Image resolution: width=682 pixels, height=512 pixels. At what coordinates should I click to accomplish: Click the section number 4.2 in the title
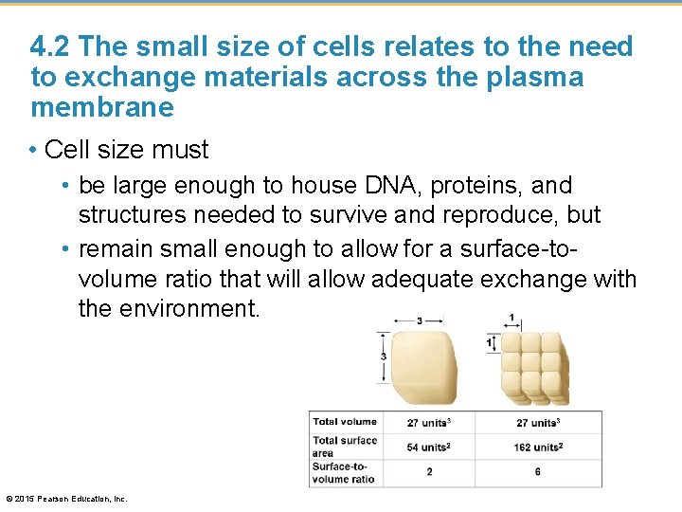point(50,46)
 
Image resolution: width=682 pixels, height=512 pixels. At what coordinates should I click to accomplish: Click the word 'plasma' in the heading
point(533,77)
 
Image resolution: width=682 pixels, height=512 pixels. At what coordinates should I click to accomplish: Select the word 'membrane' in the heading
point(102,107)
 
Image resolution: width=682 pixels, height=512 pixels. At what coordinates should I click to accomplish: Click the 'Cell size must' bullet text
point(127,150)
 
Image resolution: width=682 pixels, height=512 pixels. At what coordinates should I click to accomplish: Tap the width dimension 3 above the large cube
point(420,320)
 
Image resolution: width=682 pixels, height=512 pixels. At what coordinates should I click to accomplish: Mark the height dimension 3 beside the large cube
point(383,357)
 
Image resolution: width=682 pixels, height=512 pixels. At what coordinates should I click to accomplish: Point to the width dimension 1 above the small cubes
point(511,317)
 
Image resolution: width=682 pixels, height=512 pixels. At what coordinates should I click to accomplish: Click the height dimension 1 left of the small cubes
point(489,342)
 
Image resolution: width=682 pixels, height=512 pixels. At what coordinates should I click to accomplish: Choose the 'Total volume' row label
point(345,422)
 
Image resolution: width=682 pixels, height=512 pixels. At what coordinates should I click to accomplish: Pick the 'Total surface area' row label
point(345,446)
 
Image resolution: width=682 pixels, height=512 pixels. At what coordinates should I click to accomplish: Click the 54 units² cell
point(428,447)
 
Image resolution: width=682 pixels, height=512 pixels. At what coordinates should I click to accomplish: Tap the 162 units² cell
point(539,447)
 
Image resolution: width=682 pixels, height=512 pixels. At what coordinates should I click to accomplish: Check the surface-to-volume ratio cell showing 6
point(538,472)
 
